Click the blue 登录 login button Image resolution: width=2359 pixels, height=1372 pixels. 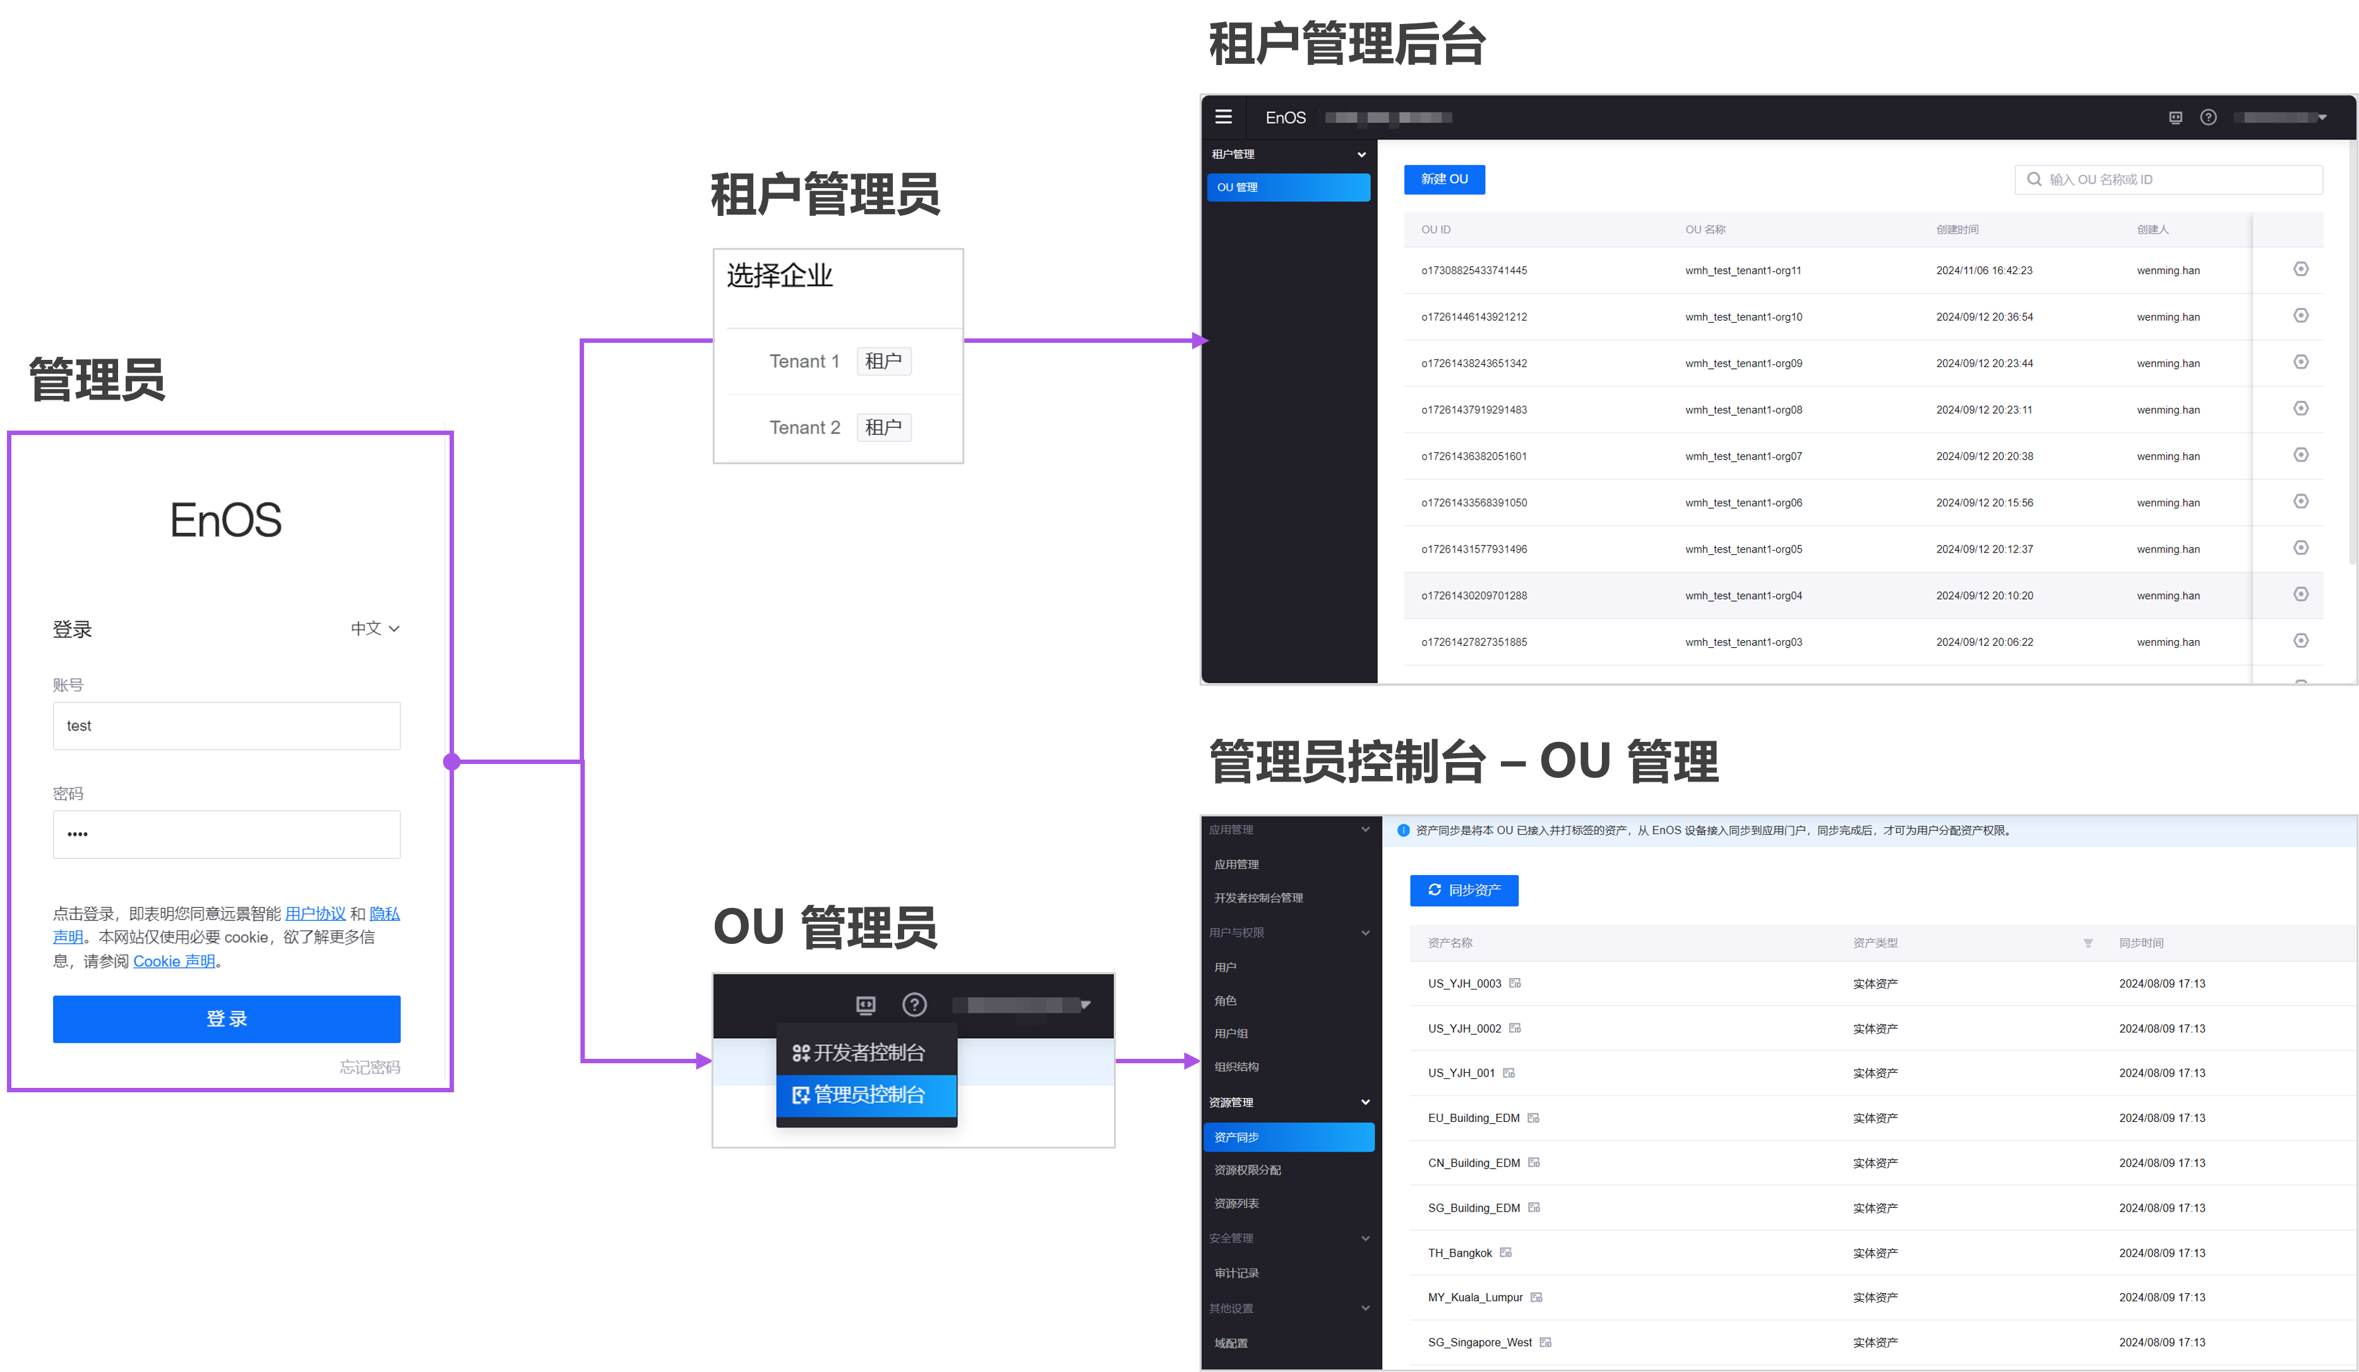coord(227,1018)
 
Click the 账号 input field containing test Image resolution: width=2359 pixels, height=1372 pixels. coord(227,725)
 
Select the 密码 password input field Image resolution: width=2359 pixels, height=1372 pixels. coord(227,834)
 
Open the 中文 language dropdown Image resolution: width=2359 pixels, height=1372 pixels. coord(374,629)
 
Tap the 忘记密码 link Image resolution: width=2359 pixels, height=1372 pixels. coord(370,1067)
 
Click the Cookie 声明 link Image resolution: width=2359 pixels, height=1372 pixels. coord(174,961)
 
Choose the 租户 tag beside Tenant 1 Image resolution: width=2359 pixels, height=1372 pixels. coord(883,361)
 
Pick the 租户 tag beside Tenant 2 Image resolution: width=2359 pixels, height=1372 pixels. coord(883,427)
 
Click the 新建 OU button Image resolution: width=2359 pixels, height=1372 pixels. coord(1443,179)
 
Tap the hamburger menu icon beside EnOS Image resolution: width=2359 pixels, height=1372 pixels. coord(1224,117)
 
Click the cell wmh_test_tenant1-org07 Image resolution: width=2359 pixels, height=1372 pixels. coord(1743,456)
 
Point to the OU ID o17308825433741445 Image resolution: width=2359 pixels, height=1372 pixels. coord(1474,270)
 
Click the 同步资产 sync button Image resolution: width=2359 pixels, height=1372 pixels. coord(1463,890)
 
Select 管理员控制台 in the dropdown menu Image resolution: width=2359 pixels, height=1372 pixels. coord(866,1095)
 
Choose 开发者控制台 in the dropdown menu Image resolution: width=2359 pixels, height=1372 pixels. coord(866,1053)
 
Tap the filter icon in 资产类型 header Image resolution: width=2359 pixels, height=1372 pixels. coord(2087,943)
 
